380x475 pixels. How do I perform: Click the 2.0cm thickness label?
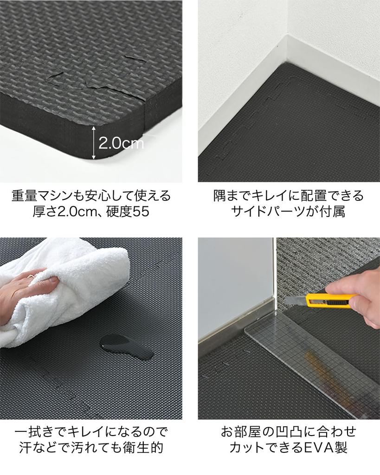(121, 143)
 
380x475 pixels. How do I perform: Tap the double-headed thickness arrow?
(94, 143)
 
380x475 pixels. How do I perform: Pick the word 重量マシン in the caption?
(44, 195)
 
